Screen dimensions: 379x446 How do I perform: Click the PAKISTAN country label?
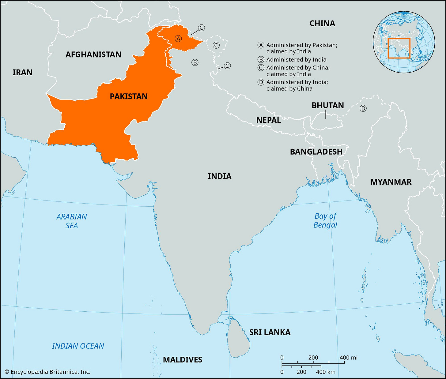[x=129, y=96]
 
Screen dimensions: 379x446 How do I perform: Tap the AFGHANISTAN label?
[x=93, y=54]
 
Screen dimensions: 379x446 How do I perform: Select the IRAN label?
[x=22, y=72]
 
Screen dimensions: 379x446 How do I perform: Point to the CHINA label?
[x=322, y=23]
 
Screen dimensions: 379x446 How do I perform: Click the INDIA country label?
[x=219, y=176]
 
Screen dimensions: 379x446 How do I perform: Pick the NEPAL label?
[x=269, y=120]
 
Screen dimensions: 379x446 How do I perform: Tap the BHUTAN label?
[x=328, y=105]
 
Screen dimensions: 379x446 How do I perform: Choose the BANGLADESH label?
[x=316, y=152]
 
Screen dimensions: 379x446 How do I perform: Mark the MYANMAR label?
[x=391, y=182]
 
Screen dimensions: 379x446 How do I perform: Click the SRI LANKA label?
[x=270, y=332]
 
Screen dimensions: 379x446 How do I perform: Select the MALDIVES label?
[x=183, y=359]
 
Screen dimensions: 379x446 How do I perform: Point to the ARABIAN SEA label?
[x=72, y=221]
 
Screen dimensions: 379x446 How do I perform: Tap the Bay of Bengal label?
[x=325, y=220]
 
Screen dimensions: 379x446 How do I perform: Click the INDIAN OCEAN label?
[x=78, y=346]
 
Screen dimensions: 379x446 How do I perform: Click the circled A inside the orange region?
[x=178, y=39]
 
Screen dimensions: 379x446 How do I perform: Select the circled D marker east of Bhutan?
[x=363, y=108]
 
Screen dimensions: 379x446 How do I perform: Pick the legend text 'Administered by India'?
[x=296, y=60]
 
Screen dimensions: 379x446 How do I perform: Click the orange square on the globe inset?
[x=399, y=48]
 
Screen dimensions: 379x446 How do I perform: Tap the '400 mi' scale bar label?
[x=349, y=358]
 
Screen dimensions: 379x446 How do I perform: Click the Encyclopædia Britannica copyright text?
[x=47, y=372]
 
